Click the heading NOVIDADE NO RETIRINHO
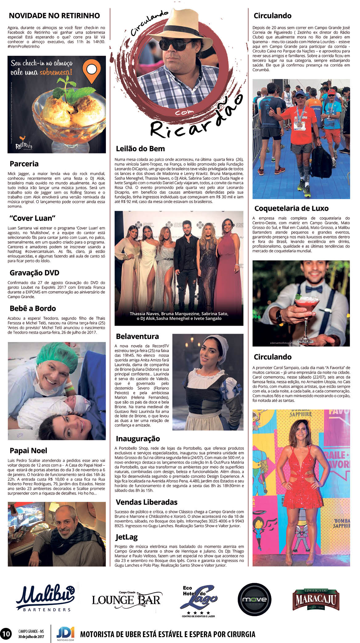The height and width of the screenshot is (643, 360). tap(54, 16)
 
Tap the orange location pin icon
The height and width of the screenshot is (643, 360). tap(92, 71)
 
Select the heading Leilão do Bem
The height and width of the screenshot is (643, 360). tap(140, 149)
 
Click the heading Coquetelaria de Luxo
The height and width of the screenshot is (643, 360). tap(291, 208)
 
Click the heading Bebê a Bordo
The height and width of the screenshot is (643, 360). tap(33, 308)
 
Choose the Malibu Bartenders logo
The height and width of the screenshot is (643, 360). tap(46, 599)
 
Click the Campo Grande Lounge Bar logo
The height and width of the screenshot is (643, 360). tap(126, 599)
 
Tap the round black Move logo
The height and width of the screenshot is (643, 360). tap(254, 600)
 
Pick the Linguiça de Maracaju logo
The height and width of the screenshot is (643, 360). tap(316, 599)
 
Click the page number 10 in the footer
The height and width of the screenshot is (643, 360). tap(6, 633)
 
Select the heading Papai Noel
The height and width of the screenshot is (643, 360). tap(28, 450)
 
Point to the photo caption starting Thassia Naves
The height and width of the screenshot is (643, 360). tap(179, 316)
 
